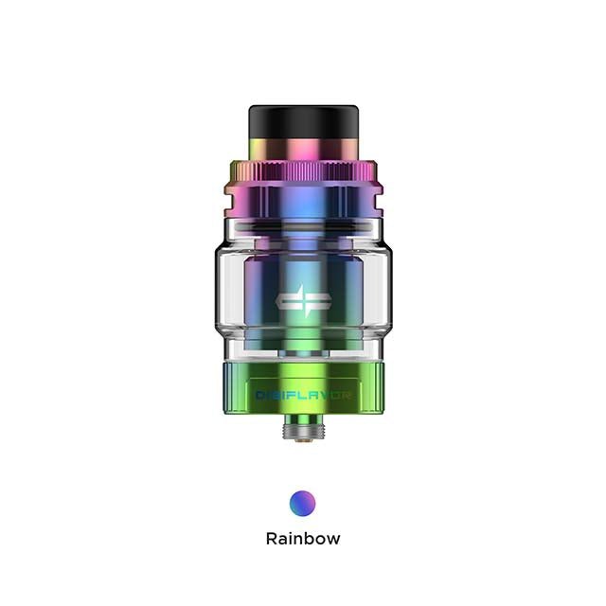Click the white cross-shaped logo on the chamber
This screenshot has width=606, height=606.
click(302, 300)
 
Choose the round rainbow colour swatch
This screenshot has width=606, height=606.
click(302, 502)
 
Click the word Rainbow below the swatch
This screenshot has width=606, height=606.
click(302, 539)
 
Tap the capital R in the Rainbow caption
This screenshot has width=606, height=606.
click(272, 539)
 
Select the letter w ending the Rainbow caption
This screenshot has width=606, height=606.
click(332, 540)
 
